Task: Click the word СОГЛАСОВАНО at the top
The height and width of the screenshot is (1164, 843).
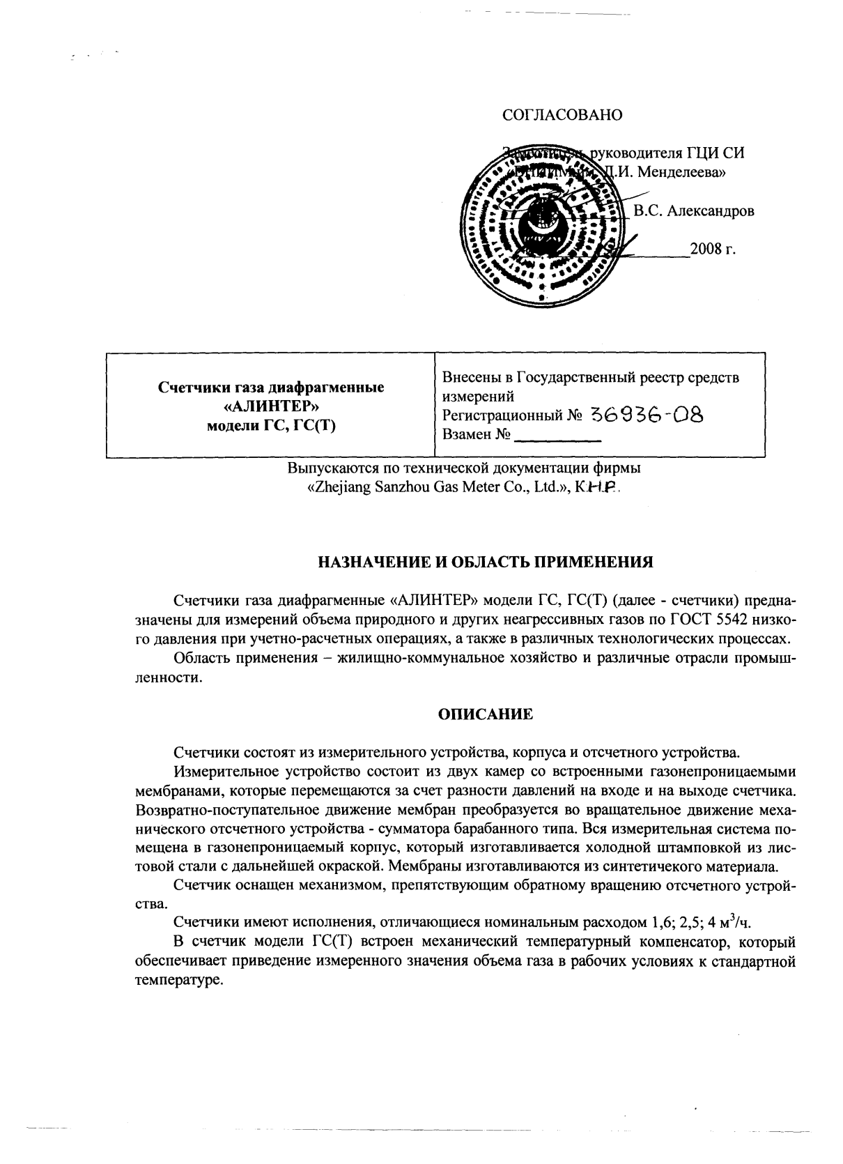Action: (x=562, y=115)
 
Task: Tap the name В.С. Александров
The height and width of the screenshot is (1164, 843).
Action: (x=693, y=210)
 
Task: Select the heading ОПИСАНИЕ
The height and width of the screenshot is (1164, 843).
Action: (x=485, y=714)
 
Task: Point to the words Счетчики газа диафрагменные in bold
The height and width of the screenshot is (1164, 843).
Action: (x=271, y=388)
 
